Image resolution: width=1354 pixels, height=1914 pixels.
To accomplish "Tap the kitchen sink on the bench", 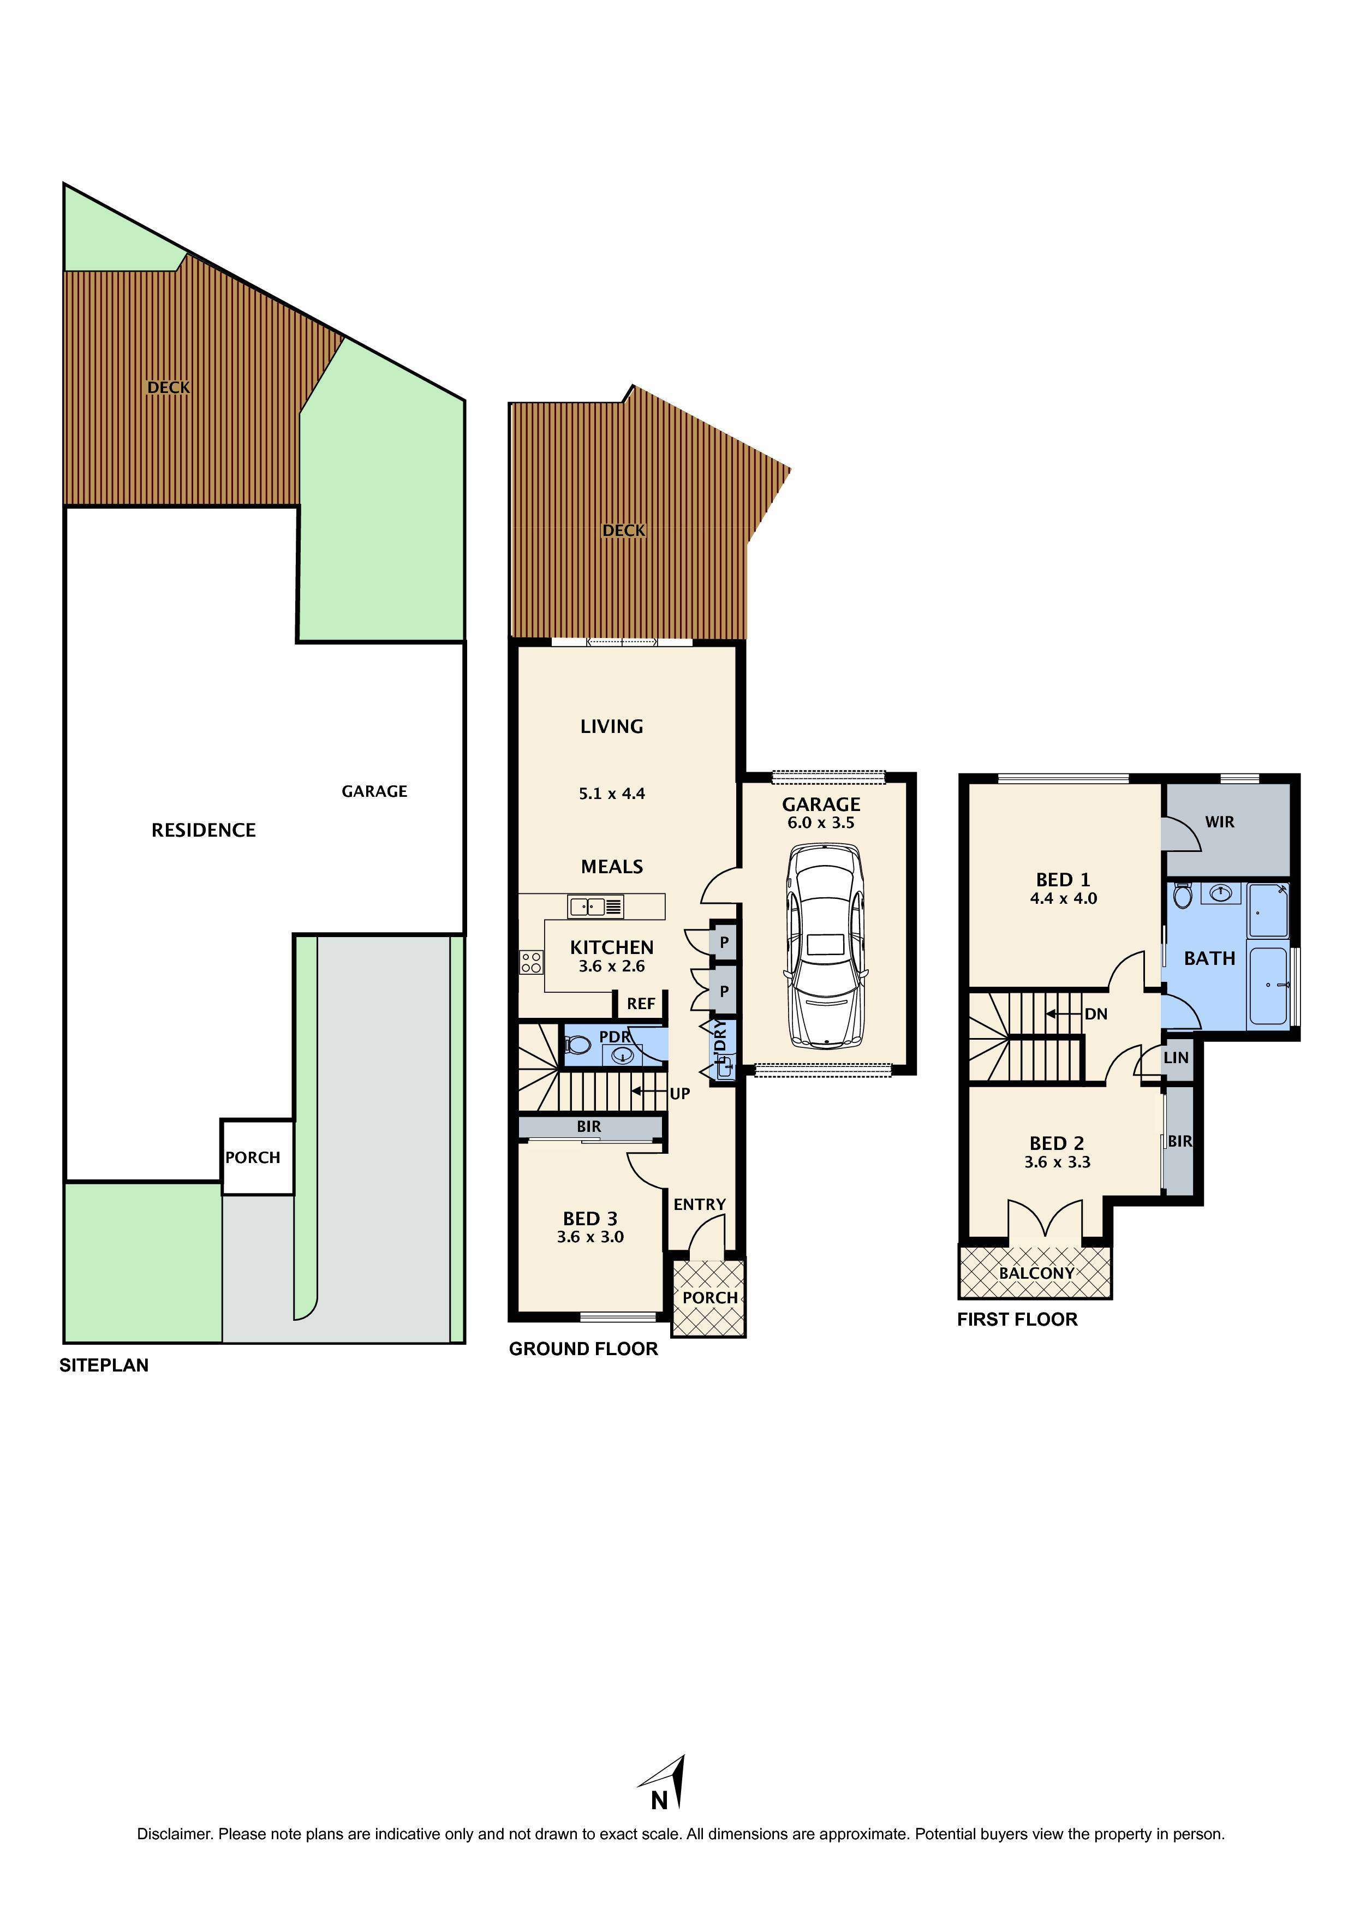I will (595, 906).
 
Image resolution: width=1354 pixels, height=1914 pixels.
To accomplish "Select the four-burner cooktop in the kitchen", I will (531, 963).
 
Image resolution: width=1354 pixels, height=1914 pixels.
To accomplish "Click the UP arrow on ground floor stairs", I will (651, 1091).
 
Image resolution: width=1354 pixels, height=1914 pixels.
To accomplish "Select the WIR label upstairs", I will (1219, 822).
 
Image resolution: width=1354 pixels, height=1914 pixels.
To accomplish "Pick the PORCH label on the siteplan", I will (253, 1158).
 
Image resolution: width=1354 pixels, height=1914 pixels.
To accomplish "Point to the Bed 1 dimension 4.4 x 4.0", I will (1063, 899).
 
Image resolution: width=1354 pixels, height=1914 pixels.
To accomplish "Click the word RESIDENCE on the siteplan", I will (204, 830).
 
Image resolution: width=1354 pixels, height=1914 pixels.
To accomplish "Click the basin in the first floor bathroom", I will (1221, 895).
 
